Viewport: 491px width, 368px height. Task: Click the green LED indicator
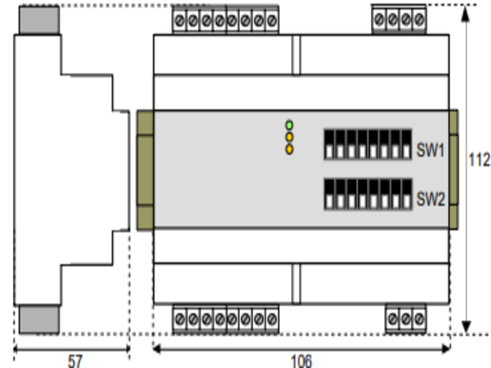click(289, 125)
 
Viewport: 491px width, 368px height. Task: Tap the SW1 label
click(430, 150)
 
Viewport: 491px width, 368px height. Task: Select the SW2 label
click(430, 199)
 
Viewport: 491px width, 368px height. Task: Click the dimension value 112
click(479, 160)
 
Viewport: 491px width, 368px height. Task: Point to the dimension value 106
click(301, 361)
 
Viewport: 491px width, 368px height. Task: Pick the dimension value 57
click(74, 361)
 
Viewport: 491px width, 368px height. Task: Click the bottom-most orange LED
click(289, 150)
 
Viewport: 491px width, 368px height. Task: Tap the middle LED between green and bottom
click(289, 137)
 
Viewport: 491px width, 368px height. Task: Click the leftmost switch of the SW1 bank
click(330, 145)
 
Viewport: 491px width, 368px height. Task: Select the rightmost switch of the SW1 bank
click(406, 145)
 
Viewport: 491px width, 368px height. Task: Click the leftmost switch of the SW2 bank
click(330, 194)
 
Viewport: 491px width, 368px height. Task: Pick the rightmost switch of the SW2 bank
click(406, 194)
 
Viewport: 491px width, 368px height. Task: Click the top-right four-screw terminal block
click(399, 20)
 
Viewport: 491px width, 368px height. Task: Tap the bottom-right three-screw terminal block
click(406, 319)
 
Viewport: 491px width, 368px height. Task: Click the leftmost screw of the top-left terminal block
click(180, 21)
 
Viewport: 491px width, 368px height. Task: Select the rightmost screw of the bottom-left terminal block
click(272, 319)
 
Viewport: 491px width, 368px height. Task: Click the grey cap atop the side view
click(39, 20)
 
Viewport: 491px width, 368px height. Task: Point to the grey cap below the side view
click(39, 320)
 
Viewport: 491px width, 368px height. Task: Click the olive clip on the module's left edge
click(145, 170)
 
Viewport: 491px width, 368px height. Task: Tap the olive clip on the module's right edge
click(454, 170)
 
